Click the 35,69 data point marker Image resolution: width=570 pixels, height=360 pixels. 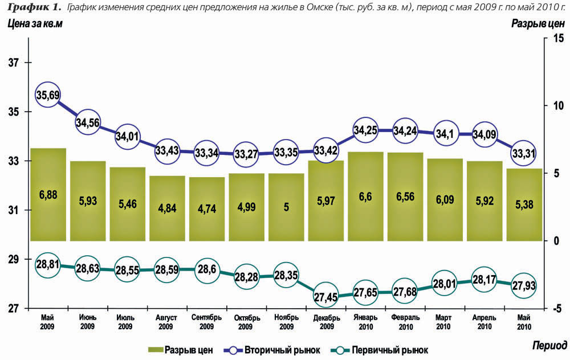[x=48, y=95]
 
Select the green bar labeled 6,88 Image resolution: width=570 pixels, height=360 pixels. [x=48, y=195]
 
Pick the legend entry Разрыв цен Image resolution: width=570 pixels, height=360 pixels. [x=181, y=350]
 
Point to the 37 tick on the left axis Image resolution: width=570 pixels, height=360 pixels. [x=13, y=63]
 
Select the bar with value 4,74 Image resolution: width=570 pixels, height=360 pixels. [x=206, y=209]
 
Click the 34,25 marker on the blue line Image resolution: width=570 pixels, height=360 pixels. [x=365, y=130]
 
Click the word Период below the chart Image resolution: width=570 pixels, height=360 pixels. [x=549, y=345]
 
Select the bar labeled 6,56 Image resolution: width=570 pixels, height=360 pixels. [x=405, y=197]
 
